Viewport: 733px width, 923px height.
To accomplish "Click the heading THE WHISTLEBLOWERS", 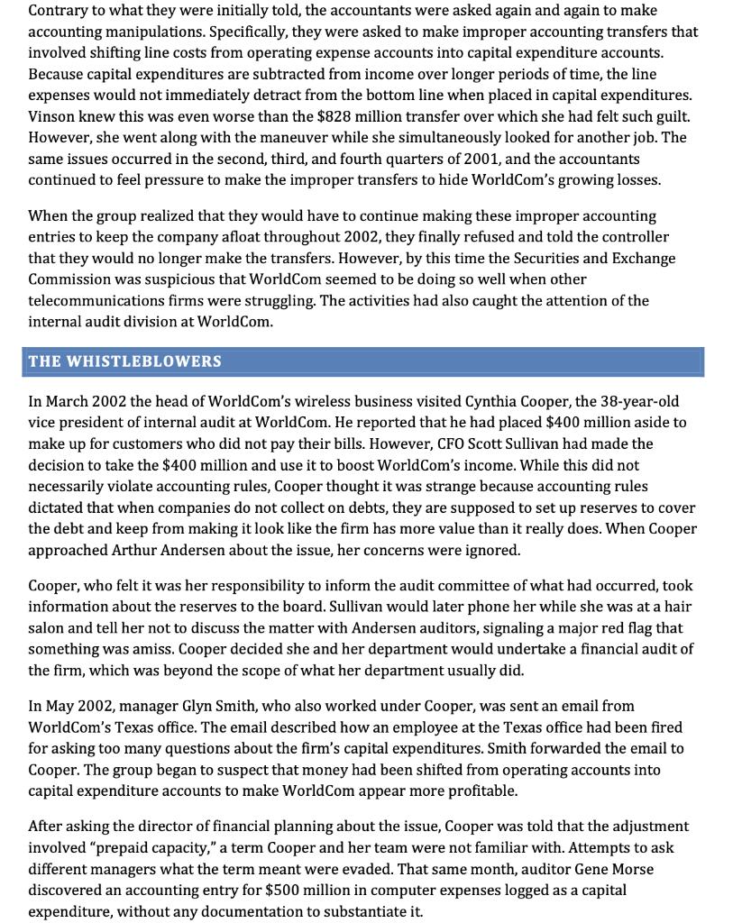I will (124, 361).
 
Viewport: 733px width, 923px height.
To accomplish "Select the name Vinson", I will (51, 115).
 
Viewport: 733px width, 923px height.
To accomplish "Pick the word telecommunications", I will (96, 300).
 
